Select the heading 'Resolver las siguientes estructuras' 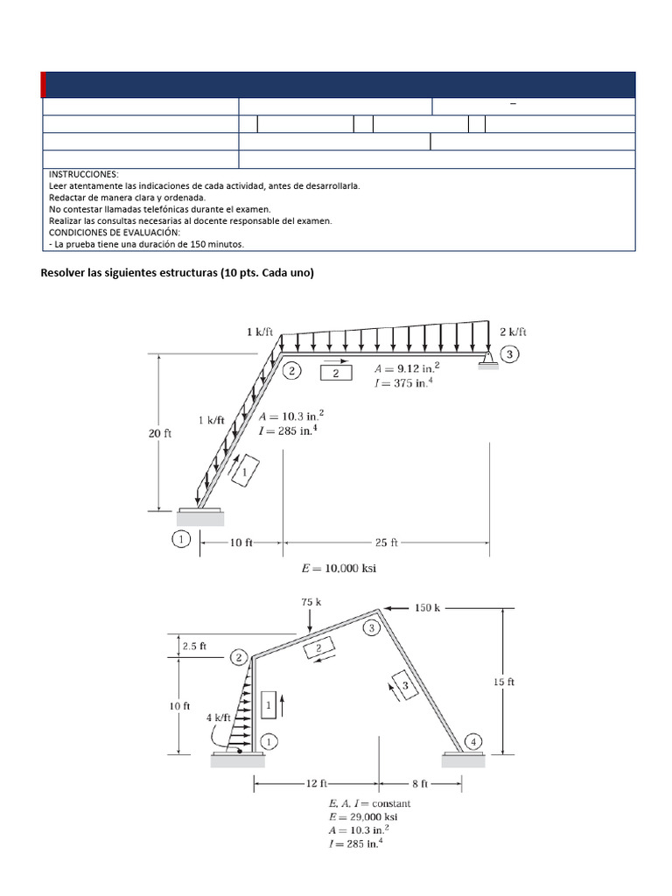(177, 273)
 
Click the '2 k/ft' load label (513, 332)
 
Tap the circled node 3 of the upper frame (511, 353)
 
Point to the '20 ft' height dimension (160, 432)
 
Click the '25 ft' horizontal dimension (386, 542)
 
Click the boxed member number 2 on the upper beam (336, 374)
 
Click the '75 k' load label (311, 602)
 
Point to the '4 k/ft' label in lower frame (219, 717)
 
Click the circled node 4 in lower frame (474, 742)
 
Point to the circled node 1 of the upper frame (181, 540)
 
